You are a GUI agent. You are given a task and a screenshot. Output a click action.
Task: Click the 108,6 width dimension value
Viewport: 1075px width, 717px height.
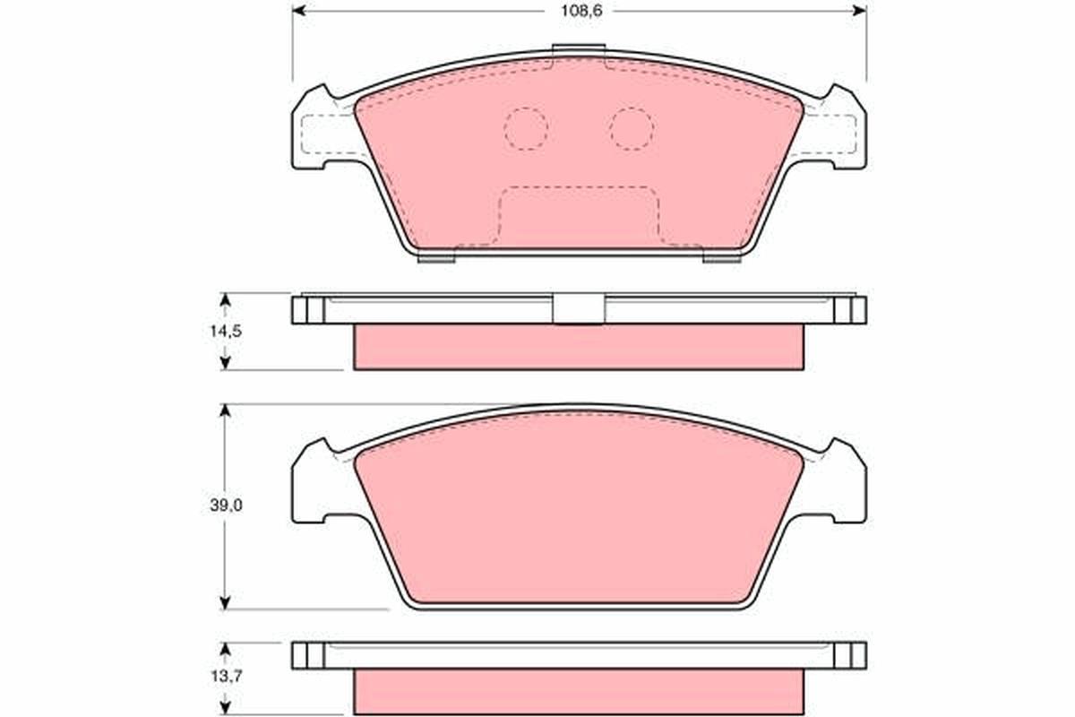point(581,11)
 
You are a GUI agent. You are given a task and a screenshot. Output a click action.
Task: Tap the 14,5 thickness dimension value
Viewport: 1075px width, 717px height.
point(226,331)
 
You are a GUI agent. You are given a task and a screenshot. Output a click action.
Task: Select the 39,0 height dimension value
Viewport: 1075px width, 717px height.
point(226,505)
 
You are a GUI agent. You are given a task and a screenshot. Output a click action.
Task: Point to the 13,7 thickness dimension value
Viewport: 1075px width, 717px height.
point(227,677)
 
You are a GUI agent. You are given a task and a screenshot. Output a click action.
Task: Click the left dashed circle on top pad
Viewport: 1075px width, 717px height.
point(526,129)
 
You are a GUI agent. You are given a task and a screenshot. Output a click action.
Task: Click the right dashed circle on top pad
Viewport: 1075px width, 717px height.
point(632,129)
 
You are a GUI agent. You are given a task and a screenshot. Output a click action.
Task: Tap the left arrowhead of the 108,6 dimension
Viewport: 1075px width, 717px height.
point(298,11)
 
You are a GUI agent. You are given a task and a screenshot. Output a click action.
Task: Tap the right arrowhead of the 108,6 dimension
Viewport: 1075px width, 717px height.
point(860,11)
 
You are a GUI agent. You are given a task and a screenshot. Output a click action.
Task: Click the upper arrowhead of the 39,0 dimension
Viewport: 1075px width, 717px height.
point(225,411)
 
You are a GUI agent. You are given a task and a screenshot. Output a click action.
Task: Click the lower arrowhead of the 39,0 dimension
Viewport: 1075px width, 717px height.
point(225,602)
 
